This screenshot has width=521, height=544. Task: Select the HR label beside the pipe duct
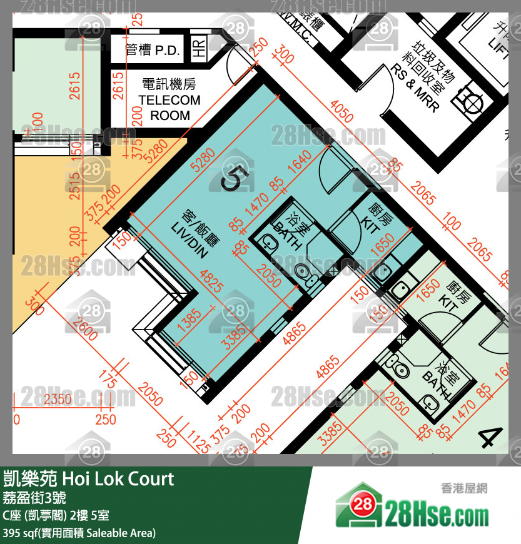(200, 48)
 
